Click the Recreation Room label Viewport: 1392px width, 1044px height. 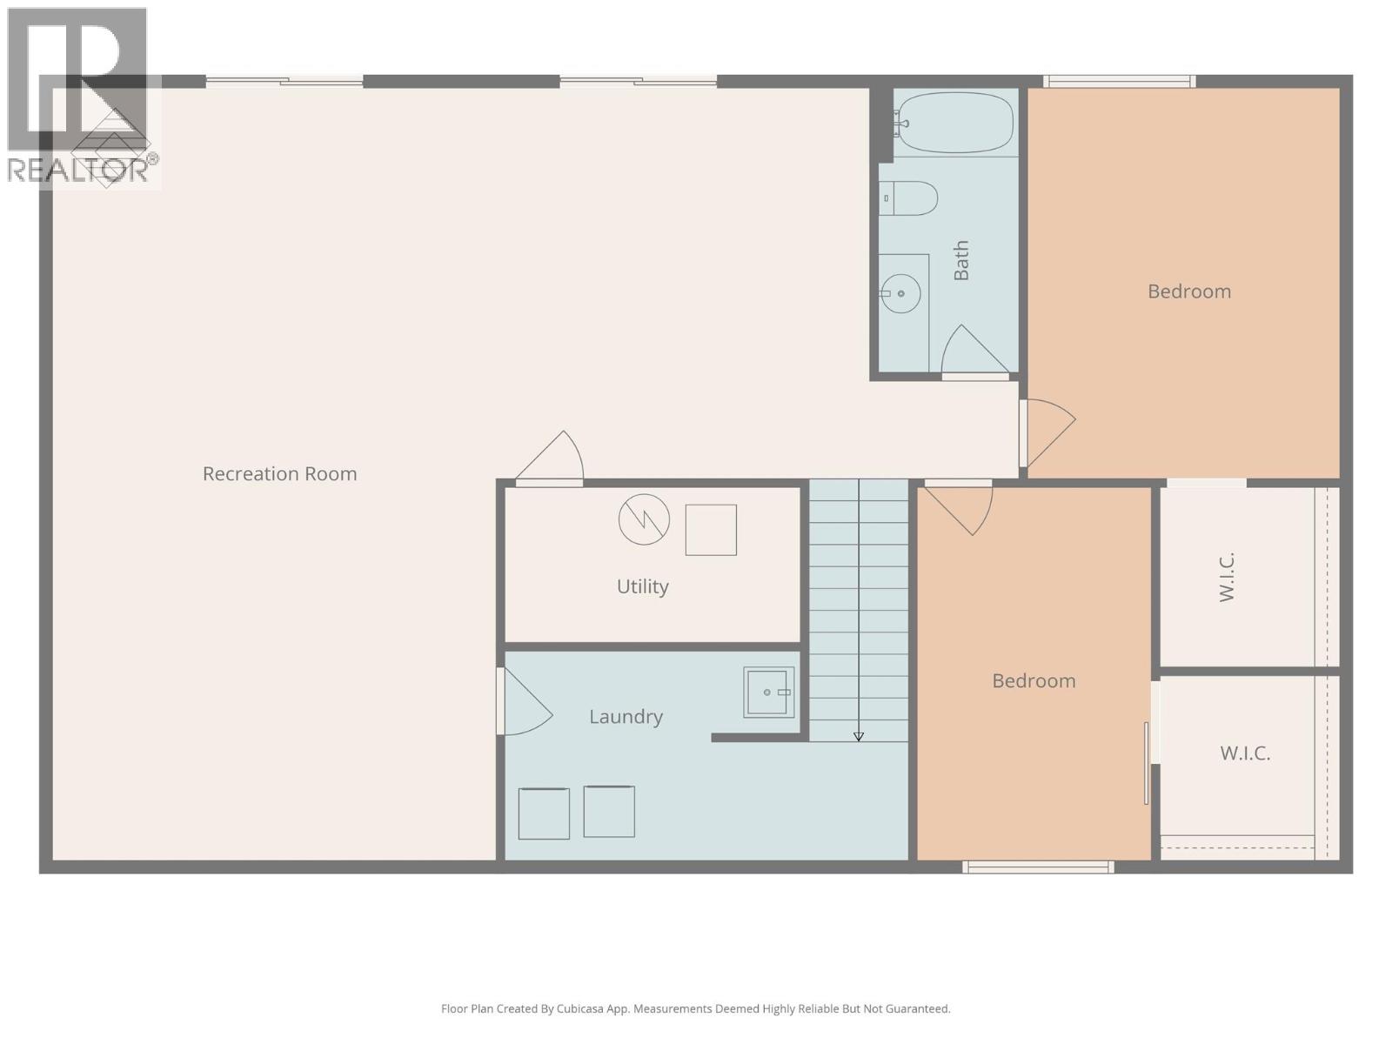point(279,474)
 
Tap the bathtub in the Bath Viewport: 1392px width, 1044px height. point(955,123)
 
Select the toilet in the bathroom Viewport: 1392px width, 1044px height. point(909,198)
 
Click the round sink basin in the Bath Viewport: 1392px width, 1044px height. point(901,294)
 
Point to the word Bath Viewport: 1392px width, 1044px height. point(961,261)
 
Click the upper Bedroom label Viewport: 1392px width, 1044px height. point(1188,291)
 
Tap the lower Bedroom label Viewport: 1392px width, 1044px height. point(1034,681)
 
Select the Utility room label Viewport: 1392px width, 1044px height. point(642,586)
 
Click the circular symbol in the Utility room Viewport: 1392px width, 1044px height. point(644,520)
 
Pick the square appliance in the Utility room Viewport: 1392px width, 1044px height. point(711,530)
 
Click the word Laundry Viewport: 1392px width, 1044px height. point(626,717)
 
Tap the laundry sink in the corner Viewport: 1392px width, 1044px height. point(768,693)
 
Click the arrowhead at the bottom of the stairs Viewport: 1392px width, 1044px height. point(859,737)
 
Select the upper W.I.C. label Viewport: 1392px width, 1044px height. point(1227,577)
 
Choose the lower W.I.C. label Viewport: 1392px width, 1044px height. point(1245,753)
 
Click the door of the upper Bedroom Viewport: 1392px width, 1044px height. point(1047,431)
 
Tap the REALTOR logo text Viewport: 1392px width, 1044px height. point(78,170)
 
